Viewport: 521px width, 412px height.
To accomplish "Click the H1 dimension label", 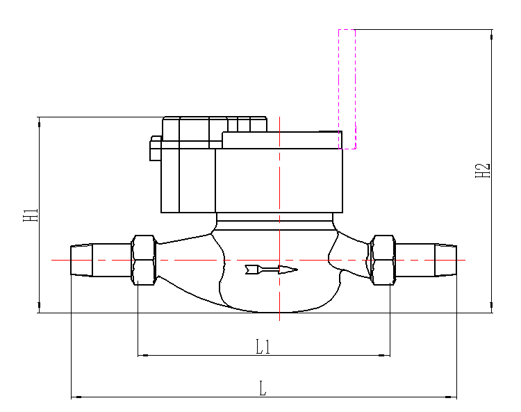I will [x=31, y=214].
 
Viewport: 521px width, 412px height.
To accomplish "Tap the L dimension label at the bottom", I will [x=263, y=389].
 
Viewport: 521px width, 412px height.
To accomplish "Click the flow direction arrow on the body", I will [x=271, y=269].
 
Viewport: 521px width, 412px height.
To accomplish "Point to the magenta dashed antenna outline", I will [x=347, y=88].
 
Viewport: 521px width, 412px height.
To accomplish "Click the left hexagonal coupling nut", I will [x=143, y=259].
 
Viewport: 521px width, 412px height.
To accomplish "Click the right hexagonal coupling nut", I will [x=383, y=259].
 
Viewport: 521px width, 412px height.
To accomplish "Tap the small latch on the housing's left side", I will [x=156, y=149].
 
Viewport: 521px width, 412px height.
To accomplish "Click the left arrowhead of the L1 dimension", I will [x=143, y=355].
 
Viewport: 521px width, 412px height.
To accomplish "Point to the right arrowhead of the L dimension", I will [x=452, y=397].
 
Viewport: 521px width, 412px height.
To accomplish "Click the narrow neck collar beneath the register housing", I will [x=275, y=222].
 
